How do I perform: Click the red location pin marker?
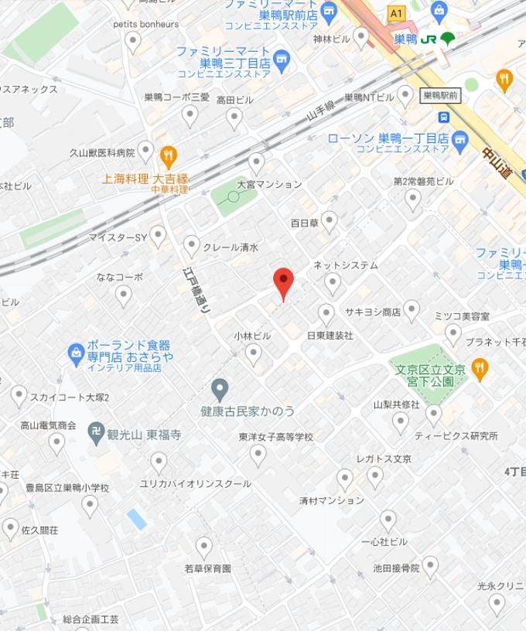(x=284, y=282)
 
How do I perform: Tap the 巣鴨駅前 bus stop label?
(x=440, y=96)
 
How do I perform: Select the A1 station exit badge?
(x=397, y=13)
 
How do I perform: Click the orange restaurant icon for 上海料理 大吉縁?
(x=169, y=157)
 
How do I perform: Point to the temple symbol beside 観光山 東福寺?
(x=97, y=435)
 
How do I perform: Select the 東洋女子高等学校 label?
(x=276, y=437)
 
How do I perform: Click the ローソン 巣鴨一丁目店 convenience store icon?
(x=461, y=139)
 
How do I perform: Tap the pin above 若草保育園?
(x=204, y=547)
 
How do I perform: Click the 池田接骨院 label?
(x=396, y=568)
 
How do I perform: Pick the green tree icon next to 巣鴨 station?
(x=447, y=39)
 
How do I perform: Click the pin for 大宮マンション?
(x=257, y=163)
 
